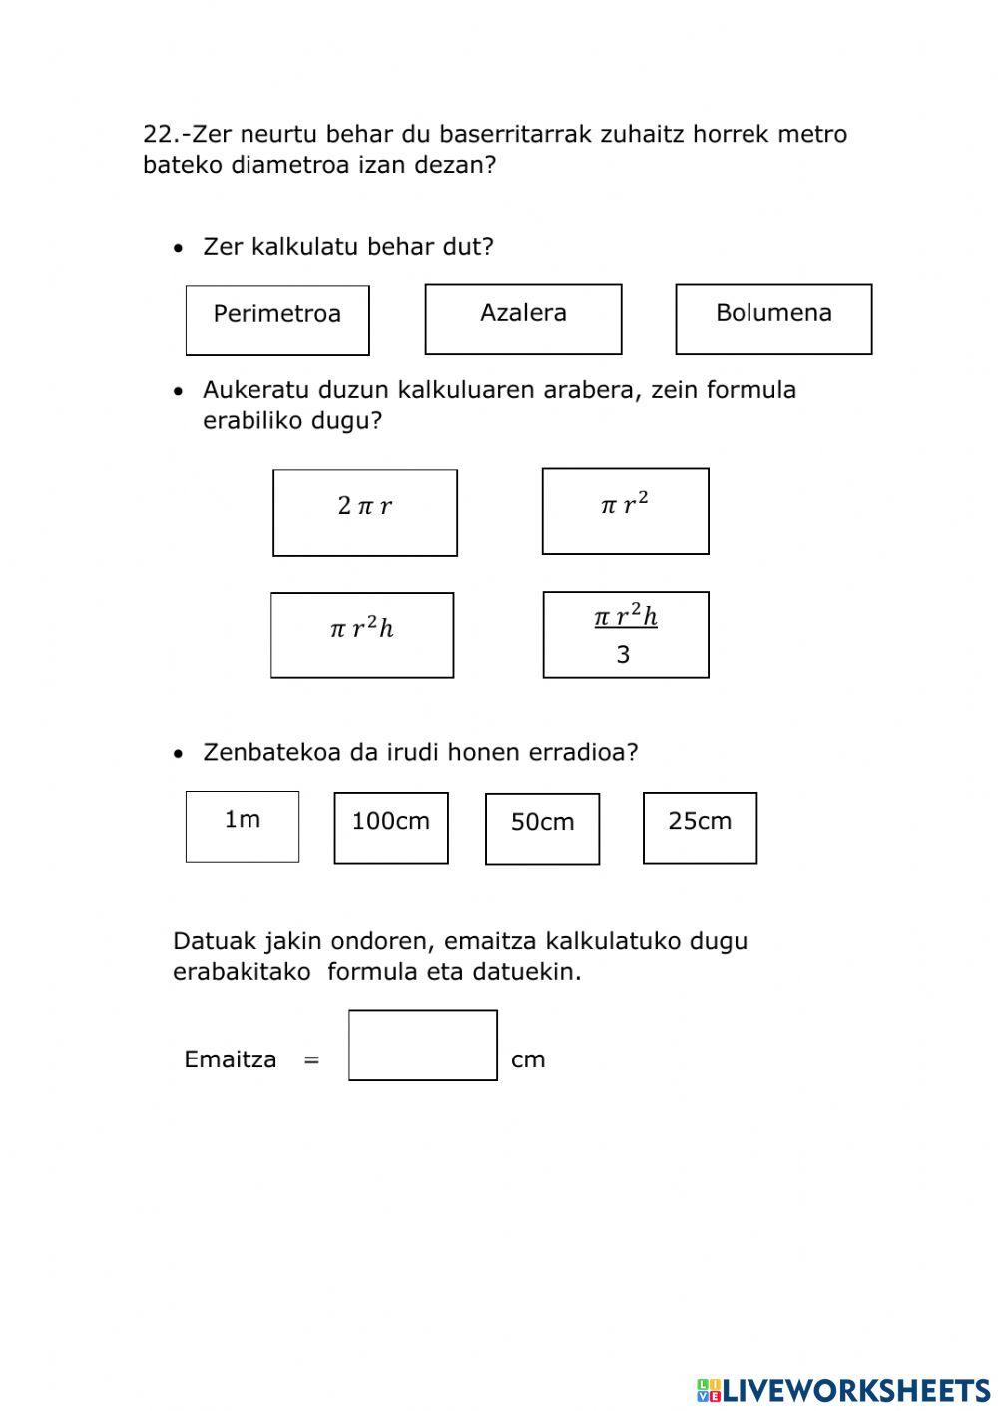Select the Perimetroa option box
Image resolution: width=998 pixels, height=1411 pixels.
pos(277,321)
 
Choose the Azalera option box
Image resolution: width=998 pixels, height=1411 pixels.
pos(523,320)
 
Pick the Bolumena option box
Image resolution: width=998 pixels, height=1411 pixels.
pos(773,320)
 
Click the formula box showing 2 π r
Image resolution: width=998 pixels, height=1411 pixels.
pos(365,513)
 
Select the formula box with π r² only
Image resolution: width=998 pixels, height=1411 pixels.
pos(625,511)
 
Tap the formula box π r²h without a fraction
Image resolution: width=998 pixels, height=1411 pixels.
pos(362,635)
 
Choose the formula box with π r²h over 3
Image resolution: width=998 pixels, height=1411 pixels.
pos(626,635)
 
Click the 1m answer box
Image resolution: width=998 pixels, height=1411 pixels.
pos(243,827)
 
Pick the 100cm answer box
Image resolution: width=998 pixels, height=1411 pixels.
pos(391,828)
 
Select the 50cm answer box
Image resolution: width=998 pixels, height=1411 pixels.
pos(542,829)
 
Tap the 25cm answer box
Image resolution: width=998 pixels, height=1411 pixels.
pos(700,828)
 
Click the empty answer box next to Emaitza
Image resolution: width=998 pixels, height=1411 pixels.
pos(423,1046)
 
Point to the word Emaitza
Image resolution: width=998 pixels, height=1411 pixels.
pos(231,1059)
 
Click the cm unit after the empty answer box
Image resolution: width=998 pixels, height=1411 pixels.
pos(528,1060)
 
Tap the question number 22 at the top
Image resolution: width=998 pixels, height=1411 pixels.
pos(159,134)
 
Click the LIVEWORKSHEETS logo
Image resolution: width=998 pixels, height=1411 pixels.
pos(842,1390)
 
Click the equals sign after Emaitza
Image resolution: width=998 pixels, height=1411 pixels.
pos(311,1060)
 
